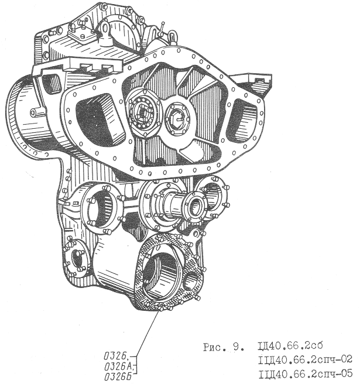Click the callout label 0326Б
coord(118,376)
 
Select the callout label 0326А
coord(118,366)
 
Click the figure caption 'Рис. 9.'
coord(224,348)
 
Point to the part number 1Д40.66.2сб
coord(290,345)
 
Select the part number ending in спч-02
coord(305,359)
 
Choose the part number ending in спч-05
coord(305,373)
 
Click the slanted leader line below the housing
coord(148,332)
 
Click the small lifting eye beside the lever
coord(172,37)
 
